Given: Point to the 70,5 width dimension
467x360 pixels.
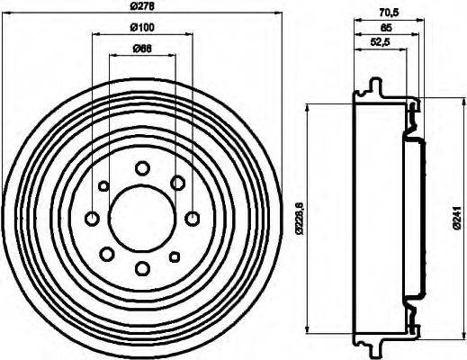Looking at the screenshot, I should click(x=389, y=13).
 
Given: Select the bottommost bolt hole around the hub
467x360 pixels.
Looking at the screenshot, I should click(x=142, y=267).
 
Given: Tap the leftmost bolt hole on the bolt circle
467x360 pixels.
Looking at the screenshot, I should click(x=92, y=218).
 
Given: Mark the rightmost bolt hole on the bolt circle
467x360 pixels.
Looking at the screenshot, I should click(x=192, y=218).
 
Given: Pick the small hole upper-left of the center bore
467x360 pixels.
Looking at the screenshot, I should click(x=103, y=186).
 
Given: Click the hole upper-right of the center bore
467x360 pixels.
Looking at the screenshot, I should click(x=177, y=183).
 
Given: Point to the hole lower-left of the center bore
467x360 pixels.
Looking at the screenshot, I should click(x=107, y=253).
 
